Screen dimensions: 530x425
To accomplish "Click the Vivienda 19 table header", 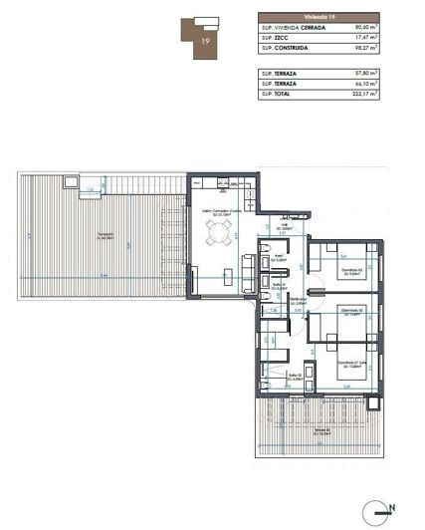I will (x=320, y=17).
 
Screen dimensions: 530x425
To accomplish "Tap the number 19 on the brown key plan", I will (x=204, y=43).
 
